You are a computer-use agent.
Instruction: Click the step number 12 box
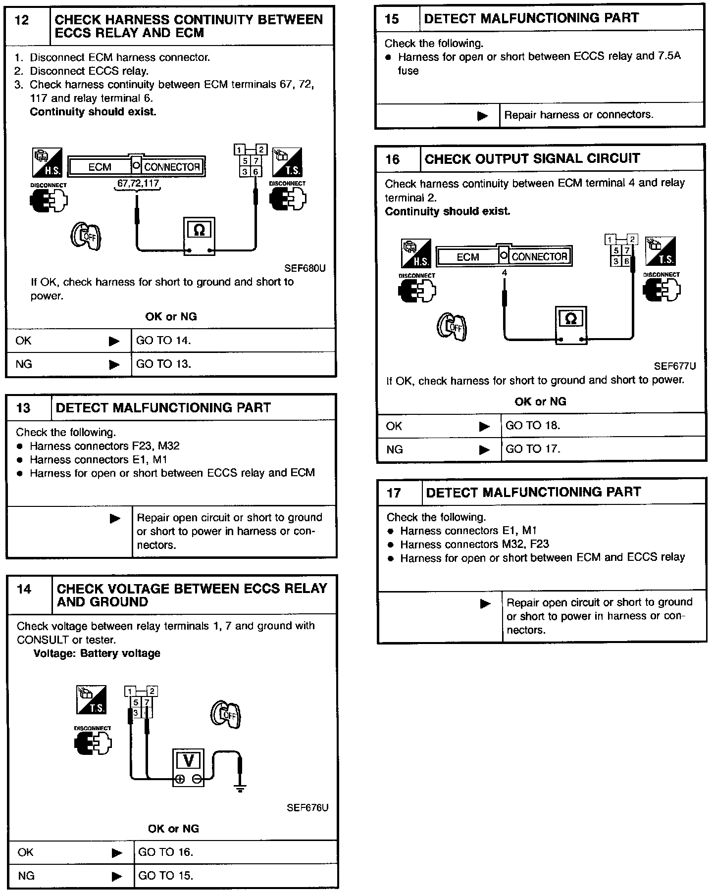28,26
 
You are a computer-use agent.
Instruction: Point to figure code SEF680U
305,268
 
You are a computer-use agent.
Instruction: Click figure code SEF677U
675,366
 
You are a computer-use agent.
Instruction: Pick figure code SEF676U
307,807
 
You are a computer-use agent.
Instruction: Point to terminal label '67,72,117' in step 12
138,184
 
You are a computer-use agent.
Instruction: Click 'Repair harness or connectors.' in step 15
579,115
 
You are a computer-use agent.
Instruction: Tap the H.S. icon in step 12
47,162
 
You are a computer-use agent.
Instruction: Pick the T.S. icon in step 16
660,251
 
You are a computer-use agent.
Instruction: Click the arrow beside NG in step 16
484,449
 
